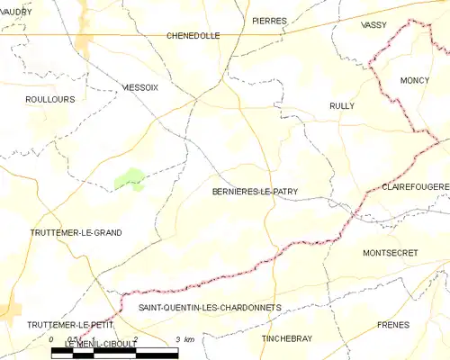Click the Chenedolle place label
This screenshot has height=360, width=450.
(x=193, y=36)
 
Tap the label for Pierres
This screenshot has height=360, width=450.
(x=269, y=21)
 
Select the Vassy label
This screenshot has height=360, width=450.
(x=373, y=25)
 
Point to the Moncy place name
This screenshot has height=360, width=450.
(x=415, y=80)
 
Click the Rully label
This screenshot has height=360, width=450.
(x=342, y=106)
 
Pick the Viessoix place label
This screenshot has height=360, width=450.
(x=139, y=87)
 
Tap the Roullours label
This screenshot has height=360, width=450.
(x=50, y=100)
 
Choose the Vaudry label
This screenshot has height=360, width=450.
(x=15, y=12)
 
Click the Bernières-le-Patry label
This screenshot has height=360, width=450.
(x=255, y=192)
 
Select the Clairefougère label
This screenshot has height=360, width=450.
(x=415, y=186)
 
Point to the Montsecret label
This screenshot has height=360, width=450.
(x=390, y=253)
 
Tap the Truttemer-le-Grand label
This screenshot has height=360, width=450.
(x=75, y=232)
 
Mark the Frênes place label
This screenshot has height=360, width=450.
(x=393, y=323)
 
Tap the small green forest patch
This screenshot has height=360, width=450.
(x=130, y=179)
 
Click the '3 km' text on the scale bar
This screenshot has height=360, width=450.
(x=184, y=339)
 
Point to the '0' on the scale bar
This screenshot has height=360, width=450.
(x=51, y=339)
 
